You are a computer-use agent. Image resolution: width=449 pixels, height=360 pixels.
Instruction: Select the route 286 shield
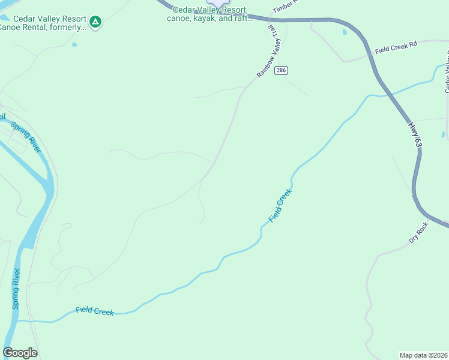pos(281,71)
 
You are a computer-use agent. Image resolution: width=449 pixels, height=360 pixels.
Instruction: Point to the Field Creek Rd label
pos(396,49)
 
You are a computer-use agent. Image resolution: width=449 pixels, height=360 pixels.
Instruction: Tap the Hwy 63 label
pos(415,133)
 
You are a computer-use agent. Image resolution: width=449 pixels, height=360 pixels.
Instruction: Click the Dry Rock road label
pos(418,232)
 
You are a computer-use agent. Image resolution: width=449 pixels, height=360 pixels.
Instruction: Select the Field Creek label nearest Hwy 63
pos(280,206)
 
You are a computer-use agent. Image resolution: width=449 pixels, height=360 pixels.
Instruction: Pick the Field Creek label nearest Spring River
pos(94,311)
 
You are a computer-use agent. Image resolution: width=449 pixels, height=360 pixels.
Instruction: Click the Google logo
pos(20,353)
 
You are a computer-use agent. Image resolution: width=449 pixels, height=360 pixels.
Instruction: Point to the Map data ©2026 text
pos(424,355)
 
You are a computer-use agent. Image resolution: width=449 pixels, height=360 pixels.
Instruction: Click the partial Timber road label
pos(285,7)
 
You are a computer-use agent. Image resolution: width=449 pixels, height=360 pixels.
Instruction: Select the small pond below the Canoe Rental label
pos(74,44)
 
